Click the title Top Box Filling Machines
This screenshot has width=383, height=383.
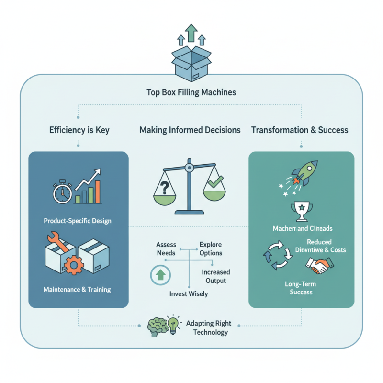click(191, 92)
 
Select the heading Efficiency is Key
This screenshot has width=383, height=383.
click(79, 130)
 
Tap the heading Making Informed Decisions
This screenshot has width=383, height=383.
click(190, 130)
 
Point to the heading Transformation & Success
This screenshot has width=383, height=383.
click(300, 130)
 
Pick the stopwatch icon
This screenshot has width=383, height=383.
click(62, 191)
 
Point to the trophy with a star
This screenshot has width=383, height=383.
click(302, 211)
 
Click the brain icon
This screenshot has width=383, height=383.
click(158, 326)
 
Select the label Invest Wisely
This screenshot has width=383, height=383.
click(189, 294)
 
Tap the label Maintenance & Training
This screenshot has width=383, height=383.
click(77, 289)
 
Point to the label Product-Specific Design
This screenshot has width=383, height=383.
click(77, 221)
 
